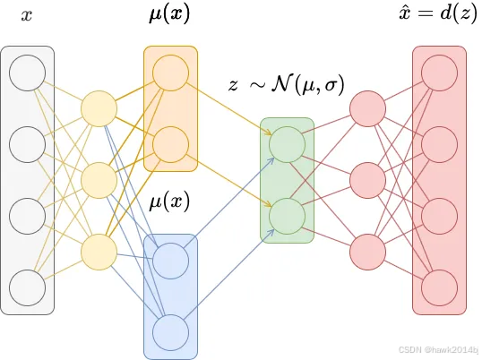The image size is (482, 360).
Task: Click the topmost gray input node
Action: [27, 73]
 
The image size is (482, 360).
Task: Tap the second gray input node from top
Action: [27, 143]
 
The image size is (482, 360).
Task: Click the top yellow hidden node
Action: [99, 109]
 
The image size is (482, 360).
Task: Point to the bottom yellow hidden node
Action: [99, 252]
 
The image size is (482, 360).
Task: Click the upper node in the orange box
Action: [170, 73]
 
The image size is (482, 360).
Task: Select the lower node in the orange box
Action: [170, 143]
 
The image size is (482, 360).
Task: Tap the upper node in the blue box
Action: [170, 261]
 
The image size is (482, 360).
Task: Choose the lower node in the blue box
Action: [170, 332]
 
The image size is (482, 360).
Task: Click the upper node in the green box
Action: [287, 144]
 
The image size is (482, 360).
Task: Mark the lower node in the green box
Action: [287, 216]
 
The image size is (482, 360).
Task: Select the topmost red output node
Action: [439, 73]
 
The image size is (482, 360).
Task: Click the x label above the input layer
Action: [27, 16]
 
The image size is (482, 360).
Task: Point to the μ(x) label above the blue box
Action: [169, 201]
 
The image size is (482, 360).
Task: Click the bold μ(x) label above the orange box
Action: [169, 15]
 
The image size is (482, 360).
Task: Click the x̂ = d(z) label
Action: [439, 15]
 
